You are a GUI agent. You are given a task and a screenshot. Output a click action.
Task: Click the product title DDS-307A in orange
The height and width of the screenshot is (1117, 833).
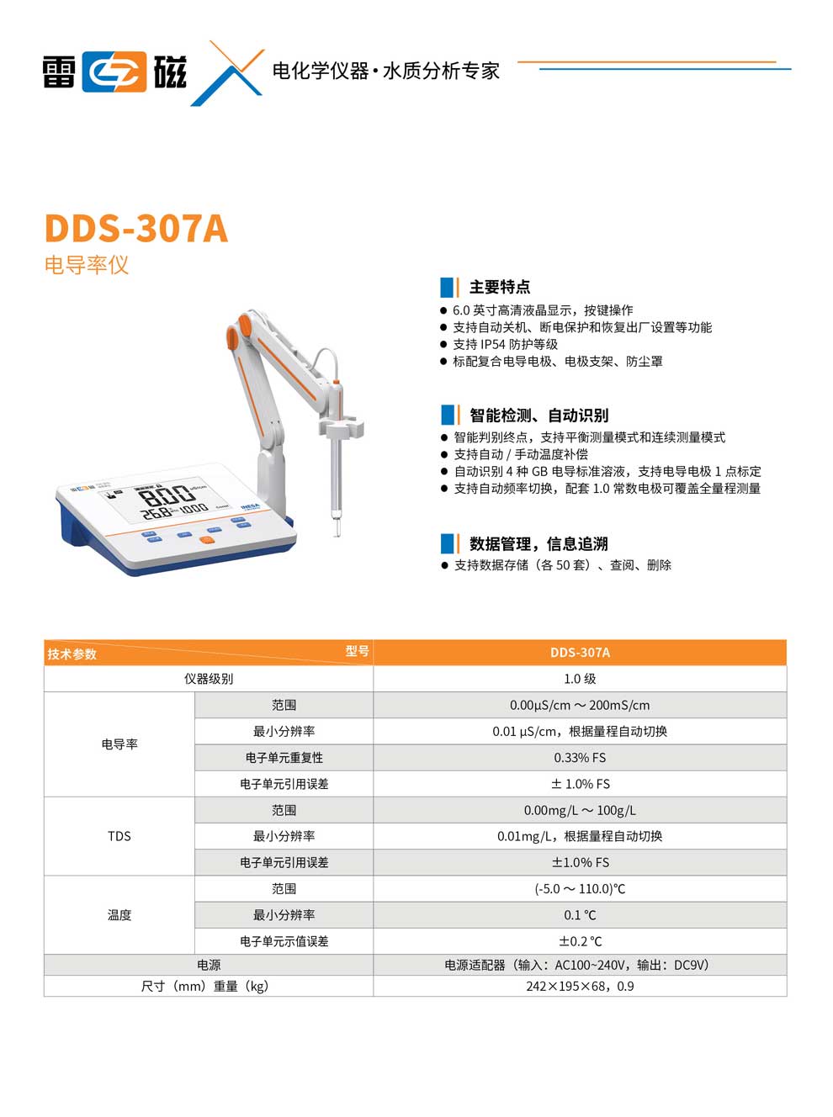point(135,229)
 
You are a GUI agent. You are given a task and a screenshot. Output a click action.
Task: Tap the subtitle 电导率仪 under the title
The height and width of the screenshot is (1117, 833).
point(87,266)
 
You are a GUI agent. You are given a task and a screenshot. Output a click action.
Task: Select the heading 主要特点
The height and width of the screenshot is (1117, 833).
point(499,287)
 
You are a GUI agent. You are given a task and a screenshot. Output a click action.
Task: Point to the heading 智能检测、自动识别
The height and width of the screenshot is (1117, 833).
point(539,416)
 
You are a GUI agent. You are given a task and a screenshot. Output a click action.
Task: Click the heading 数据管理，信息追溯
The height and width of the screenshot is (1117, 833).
point(538,544)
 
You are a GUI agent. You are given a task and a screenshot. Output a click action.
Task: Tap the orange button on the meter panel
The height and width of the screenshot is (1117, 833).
point(205,540)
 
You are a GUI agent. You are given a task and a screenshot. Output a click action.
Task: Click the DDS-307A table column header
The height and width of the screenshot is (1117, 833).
point(580,653)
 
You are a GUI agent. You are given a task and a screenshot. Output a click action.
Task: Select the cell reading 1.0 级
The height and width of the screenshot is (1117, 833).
point(580,679)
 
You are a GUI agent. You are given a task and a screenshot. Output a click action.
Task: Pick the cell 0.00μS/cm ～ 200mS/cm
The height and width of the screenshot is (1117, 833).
point(580,706)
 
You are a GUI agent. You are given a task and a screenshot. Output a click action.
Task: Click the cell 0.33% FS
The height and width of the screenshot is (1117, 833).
point(580,758)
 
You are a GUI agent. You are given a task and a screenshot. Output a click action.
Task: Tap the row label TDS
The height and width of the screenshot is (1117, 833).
point(119,836)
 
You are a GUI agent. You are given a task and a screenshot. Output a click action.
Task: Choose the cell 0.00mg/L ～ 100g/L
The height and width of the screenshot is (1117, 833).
point(580,811)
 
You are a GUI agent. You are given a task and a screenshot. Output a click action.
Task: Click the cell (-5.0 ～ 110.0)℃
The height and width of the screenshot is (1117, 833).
point(580,889)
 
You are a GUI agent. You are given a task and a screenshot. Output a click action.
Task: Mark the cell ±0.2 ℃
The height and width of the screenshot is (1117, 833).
point(580,941)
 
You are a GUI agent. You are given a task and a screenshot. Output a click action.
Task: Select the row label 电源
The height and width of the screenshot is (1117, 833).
point(209,965)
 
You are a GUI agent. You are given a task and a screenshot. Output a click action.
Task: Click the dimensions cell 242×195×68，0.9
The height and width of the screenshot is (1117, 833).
point(580,987)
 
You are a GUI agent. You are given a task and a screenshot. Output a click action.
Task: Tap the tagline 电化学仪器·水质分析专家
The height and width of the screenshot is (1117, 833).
point(385,71)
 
